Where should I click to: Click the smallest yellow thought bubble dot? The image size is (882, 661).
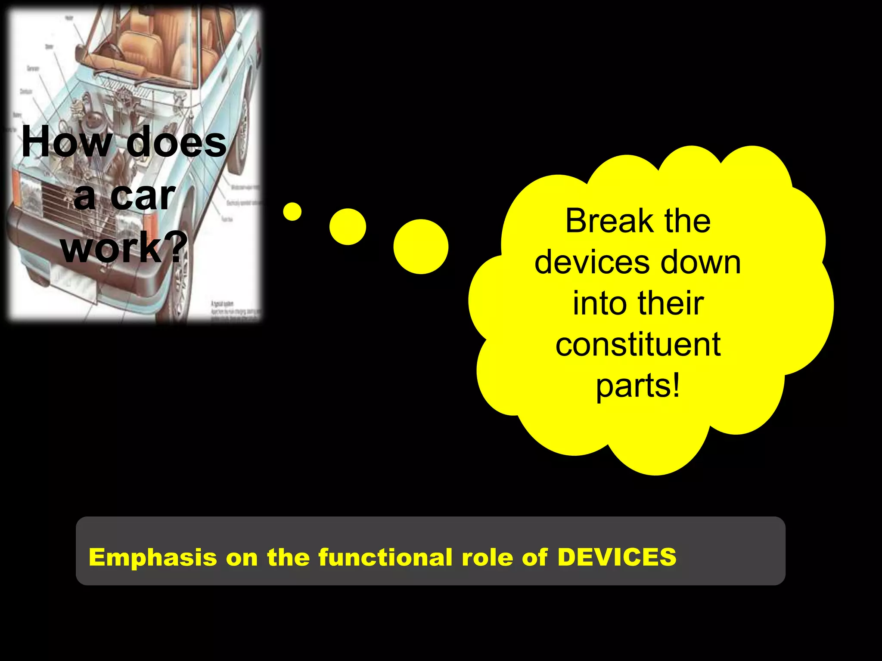click(292, 211)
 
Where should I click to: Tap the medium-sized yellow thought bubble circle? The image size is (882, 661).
click(348, 227)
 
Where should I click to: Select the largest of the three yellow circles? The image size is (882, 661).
click(421, 247)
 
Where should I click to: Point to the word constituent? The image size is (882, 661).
click(638, 344)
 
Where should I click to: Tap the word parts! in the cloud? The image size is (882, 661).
click(638, 386)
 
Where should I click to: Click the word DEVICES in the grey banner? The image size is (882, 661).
click(617, 557)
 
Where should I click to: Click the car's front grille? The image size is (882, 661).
click(78, 202)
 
